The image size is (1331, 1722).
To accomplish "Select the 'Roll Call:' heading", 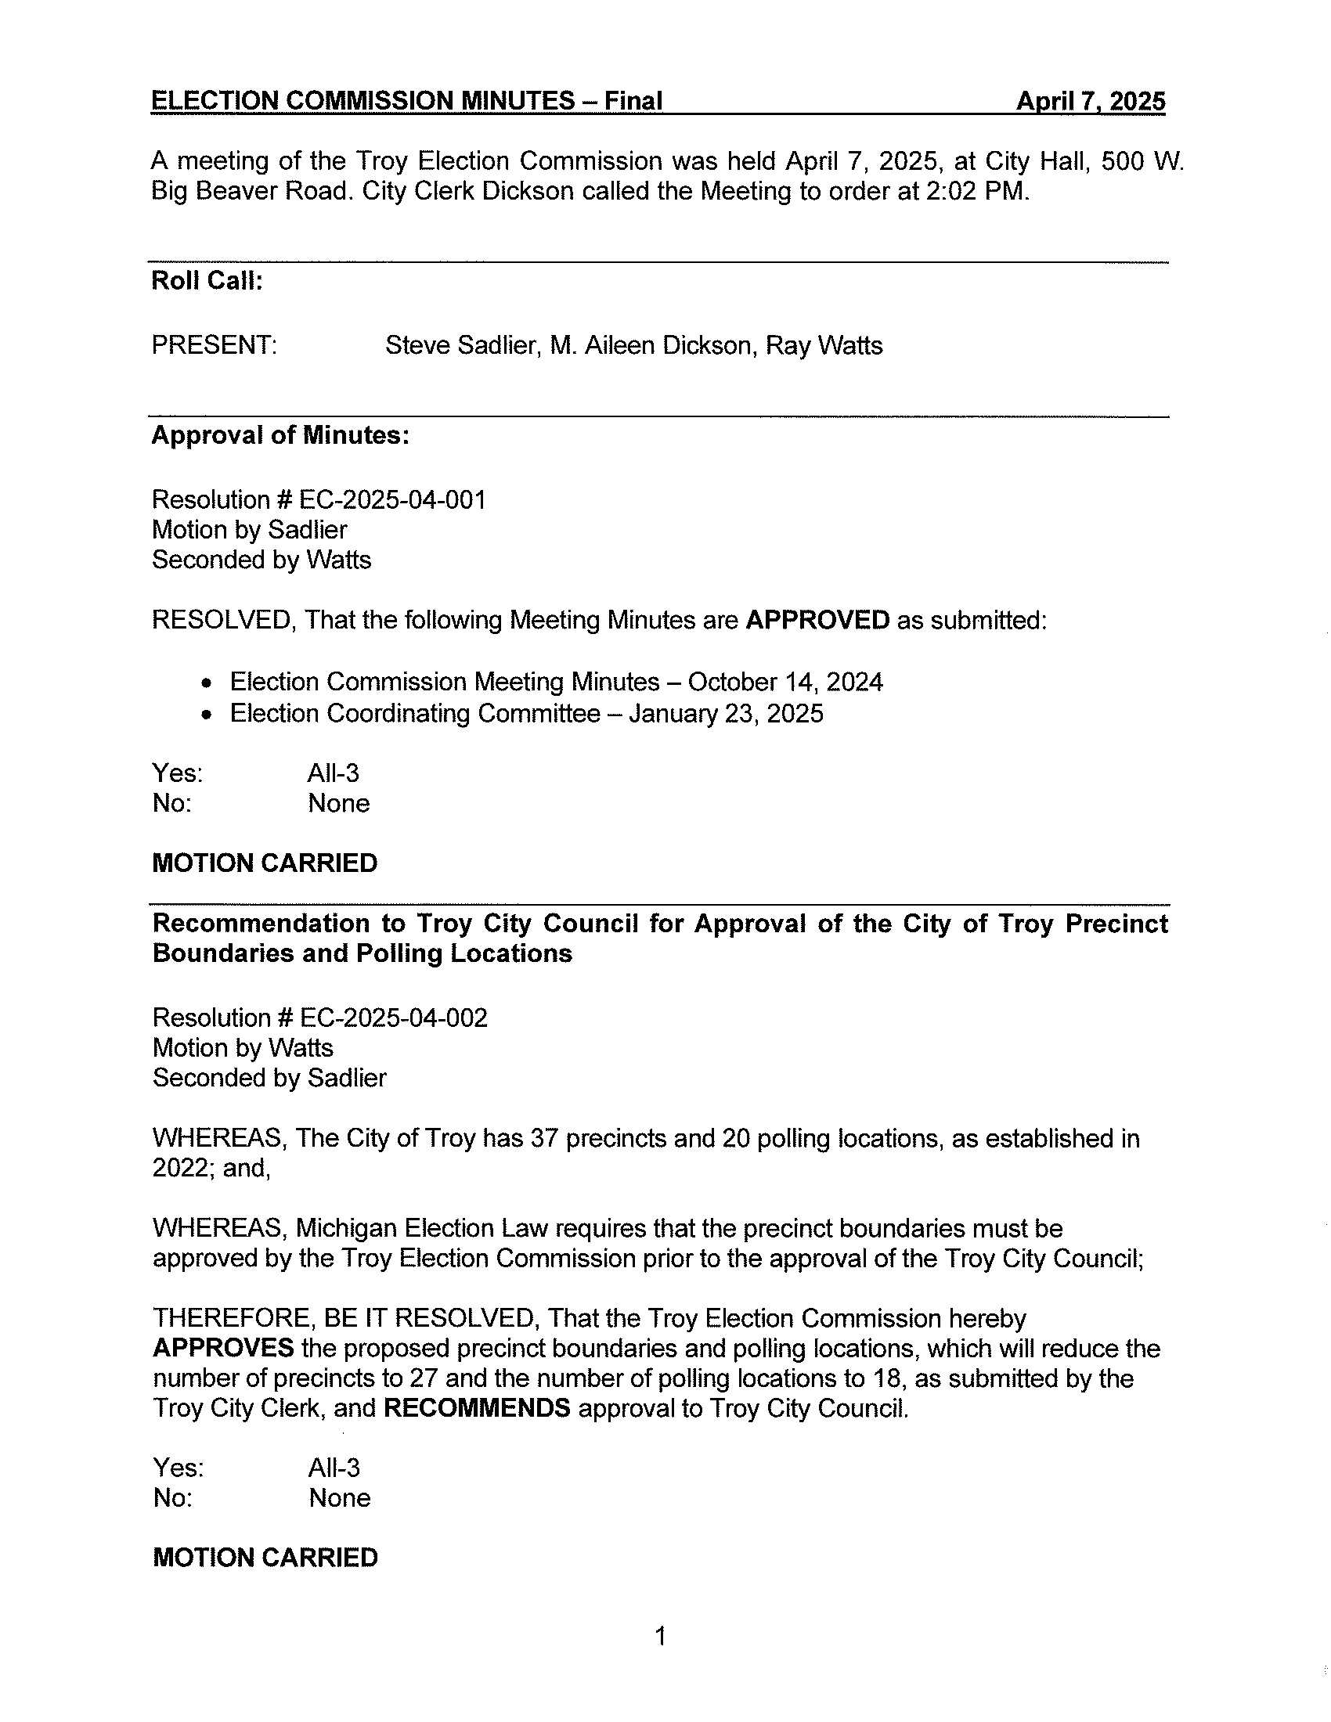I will click(207, 281).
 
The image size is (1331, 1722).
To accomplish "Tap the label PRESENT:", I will click(214, 345).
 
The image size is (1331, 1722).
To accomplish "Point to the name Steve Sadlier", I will click(460, 345).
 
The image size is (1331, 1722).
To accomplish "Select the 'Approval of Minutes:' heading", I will click(280, 435).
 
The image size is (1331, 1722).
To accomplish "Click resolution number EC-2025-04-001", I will click(393, 500).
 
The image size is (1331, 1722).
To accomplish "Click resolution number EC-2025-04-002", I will click(394, 1018).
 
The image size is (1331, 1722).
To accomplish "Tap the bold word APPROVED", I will click(817, 621).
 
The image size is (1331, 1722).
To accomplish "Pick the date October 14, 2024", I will click(785, 682).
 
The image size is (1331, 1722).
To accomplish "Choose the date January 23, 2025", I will click(727, 714).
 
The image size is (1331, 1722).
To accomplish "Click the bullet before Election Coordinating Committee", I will click(207, 715).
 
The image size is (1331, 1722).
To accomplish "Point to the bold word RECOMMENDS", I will click(476, 1408).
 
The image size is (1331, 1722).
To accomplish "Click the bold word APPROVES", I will click(223, 1349).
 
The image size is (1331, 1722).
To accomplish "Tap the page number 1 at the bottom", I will click(661, 1637).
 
